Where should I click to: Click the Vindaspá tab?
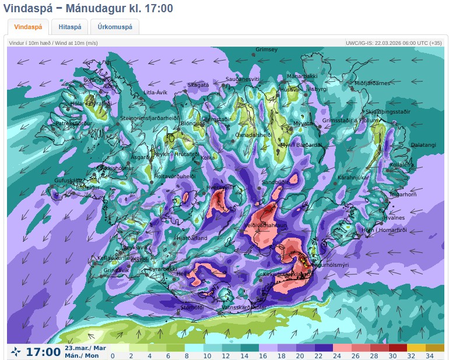[x=28, y=27]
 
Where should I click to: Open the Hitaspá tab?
[x=69, y=27]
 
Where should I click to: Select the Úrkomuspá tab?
[x=114, y=27]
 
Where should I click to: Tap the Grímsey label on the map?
[x=266, y=50]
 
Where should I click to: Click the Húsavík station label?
[x=289, y=90]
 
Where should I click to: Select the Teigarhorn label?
[x=403, y=195]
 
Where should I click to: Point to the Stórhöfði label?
[x=191, y=307]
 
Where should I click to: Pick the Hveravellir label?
[x=220, y=188]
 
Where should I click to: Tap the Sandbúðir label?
[x=275, y=182]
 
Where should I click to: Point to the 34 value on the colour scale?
[x=430, y=355]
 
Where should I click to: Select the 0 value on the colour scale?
[x=113, y=355]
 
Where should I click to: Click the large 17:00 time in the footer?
[x=43, y=352]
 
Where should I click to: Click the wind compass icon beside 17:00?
[x=16, y=352]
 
